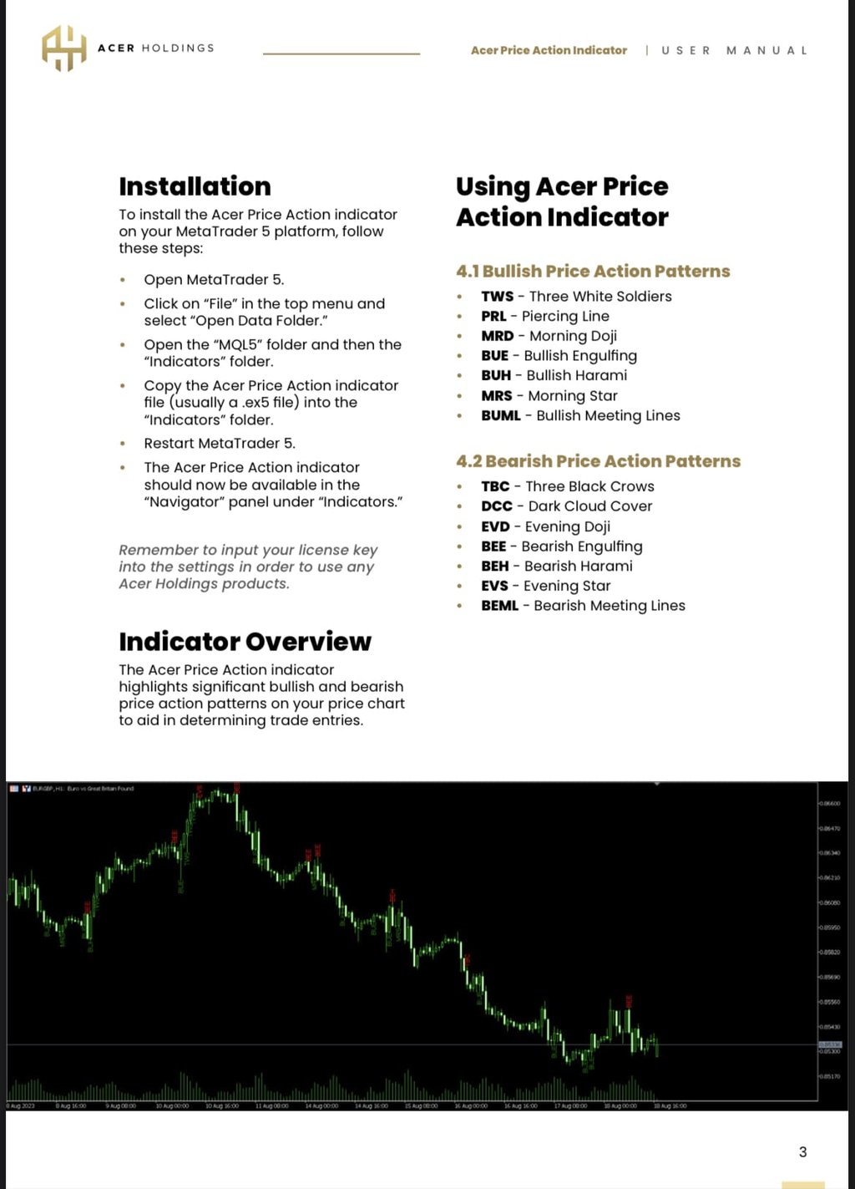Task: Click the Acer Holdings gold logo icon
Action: point(64,48)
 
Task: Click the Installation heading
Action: point(195,186)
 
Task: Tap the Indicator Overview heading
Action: point(245,642)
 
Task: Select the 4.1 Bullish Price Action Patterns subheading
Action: point(593,272)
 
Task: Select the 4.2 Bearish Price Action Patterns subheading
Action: point(598,461)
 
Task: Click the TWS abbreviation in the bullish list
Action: point(497,297)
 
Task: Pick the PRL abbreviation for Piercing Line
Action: point(493,317)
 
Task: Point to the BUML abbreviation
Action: point(500,416)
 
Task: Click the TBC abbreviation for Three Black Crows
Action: point(495,486)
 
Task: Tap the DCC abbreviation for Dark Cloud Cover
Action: point(496,506)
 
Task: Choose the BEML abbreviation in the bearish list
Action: point(499,606)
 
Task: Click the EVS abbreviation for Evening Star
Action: point(494,587)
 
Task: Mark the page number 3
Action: point(803,1152)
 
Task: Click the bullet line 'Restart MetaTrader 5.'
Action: point(220,444)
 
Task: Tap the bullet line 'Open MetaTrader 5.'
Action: point(214,280)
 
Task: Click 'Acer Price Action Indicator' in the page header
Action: point(549,50)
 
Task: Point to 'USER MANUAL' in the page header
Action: point(734,50)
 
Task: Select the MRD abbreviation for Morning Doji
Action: point(497,336)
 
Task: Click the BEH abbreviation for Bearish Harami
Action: point(494,567)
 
